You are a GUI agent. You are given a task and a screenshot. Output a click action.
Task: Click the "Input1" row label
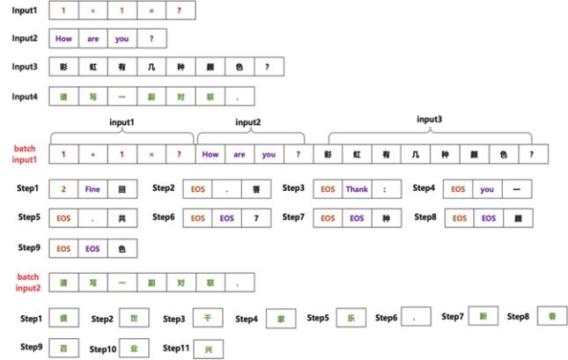[24, 10]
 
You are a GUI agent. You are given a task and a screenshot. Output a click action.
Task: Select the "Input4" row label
[25, 95]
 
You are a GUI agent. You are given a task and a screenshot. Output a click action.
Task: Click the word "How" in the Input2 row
[63, 39]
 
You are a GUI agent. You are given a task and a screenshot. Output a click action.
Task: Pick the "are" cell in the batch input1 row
[239, 155]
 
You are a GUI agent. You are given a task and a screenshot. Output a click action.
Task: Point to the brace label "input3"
[429, 119]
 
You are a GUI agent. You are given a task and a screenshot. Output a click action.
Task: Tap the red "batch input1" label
[25, 154]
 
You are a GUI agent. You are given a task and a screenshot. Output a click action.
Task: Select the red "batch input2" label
[25, 282]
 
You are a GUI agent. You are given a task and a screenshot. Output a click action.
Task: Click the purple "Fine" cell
[92, 189]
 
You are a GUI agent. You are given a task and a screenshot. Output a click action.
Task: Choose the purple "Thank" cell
[357, 189]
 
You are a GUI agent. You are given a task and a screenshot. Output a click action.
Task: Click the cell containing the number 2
[63, 189]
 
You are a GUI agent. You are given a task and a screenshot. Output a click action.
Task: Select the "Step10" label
[106, 349]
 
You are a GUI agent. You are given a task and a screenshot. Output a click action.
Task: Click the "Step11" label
[178, 349]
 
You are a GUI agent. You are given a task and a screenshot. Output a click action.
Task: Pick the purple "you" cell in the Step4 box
[487, 189]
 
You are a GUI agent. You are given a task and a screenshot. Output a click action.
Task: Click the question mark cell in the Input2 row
[151, 39]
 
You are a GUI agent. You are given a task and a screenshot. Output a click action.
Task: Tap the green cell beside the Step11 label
[210, 349]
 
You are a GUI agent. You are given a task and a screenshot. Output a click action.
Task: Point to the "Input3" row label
[25, 67]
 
